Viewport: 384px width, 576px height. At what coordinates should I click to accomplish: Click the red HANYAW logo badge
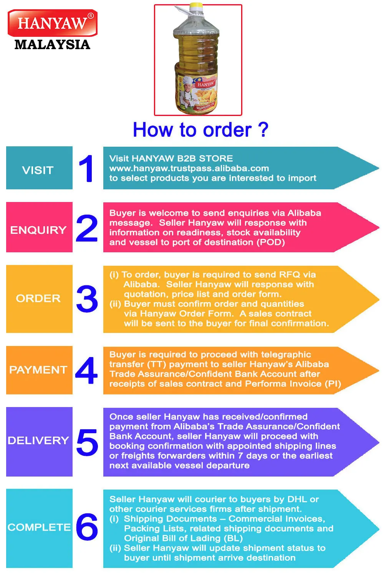[x=52, y=23]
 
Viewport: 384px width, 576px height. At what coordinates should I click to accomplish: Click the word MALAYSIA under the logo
[x=52, y=45]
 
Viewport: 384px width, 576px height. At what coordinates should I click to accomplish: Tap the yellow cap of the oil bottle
[x=196, y=6]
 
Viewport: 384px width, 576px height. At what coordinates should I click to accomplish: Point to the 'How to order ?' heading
[x=200, y=130]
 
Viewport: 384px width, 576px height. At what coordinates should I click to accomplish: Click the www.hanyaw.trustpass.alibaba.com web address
[x=189, y=168]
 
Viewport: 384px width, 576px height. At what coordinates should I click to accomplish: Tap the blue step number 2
[x=87, y=228]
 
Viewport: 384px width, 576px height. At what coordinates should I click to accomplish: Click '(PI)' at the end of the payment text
[x=333, y=384]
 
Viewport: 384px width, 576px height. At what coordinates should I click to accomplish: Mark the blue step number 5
[x=87, y=442]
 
